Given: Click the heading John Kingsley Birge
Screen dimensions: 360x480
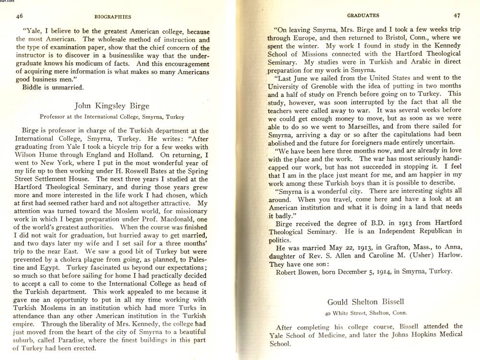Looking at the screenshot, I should click(x=112, y=106).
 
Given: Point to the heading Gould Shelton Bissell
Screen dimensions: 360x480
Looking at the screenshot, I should click(x=365, y=301).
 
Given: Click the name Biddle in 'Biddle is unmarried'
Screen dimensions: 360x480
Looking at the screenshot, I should click(x=33, y=87).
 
